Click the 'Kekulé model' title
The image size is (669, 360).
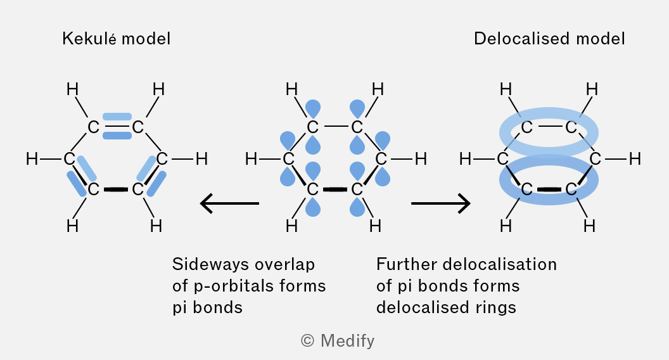[116, 39]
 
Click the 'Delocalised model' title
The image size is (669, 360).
[549, 39]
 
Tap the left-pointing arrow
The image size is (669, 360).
[229, 203]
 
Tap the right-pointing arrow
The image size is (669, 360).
[441, 203]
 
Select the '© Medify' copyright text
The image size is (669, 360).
[338, 341]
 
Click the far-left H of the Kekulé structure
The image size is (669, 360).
[32, 159]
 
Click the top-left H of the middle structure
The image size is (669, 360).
[291, 89]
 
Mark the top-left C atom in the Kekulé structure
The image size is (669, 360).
[93, 127]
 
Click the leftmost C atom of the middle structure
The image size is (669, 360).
[288, 159]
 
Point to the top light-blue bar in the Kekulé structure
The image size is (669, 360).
[117, 117]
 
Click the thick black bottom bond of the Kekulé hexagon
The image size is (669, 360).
[116, 190]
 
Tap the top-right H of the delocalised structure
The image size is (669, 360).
[592, 89]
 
